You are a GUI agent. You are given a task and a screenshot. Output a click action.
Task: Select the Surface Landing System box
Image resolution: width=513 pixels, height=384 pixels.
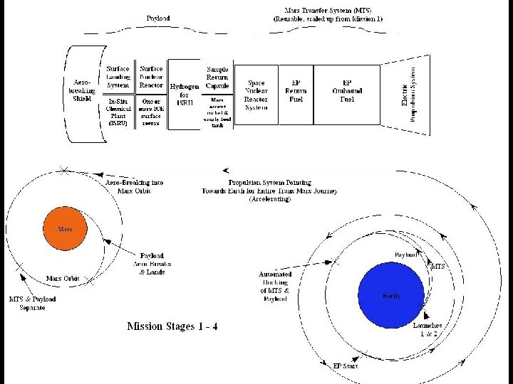click(119, 77)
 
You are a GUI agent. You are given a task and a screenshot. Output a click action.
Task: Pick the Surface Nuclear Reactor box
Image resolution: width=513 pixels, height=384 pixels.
click(151, 77)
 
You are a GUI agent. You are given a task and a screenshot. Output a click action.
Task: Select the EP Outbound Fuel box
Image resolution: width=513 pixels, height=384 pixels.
click(346, 91)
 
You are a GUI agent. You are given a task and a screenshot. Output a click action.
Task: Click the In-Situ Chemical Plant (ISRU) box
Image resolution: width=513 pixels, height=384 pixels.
click(119, 112)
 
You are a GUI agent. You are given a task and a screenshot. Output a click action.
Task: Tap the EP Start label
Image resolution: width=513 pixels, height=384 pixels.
click(344, 366)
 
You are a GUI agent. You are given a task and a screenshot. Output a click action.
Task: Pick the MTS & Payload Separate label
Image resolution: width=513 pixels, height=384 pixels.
click(32, 303)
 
